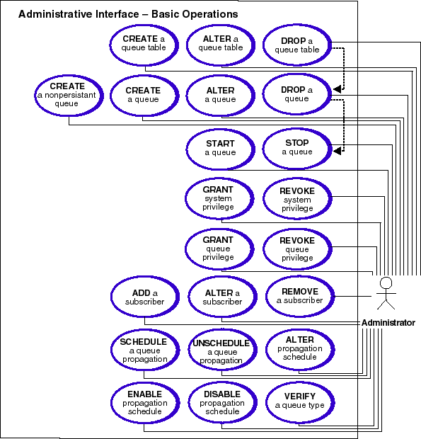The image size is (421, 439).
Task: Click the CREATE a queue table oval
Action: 144,45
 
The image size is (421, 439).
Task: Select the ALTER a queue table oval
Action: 221,45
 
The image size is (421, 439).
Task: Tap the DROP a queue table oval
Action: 297,45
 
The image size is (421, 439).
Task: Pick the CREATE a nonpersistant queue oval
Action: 69,96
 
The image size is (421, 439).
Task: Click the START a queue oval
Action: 221,149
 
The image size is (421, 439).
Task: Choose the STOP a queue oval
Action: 297,149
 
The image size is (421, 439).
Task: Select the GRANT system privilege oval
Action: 219,198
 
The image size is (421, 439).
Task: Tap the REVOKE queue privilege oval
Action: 297,249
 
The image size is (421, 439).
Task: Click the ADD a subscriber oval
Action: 145,297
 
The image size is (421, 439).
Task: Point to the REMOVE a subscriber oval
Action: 300,296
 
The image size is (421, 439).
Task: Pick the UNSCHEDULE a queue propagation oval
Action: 222,350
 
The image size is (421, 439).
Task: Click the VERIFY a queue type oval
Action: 300,403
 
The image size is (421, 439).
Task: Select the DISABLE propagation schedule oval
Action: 222,403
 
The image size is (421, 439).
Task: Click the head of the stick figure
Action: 386,283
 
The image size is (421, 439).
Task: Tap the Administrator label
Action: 388,323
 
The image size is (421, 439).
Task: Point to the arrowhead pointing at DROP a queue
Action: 337,89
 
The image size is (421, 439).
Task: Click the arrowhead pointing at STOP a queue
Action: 337,151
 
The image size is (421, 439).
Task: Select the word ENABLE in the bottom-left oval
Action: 144,394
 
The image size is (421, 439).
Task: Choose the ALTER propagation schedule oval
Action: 300,350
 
